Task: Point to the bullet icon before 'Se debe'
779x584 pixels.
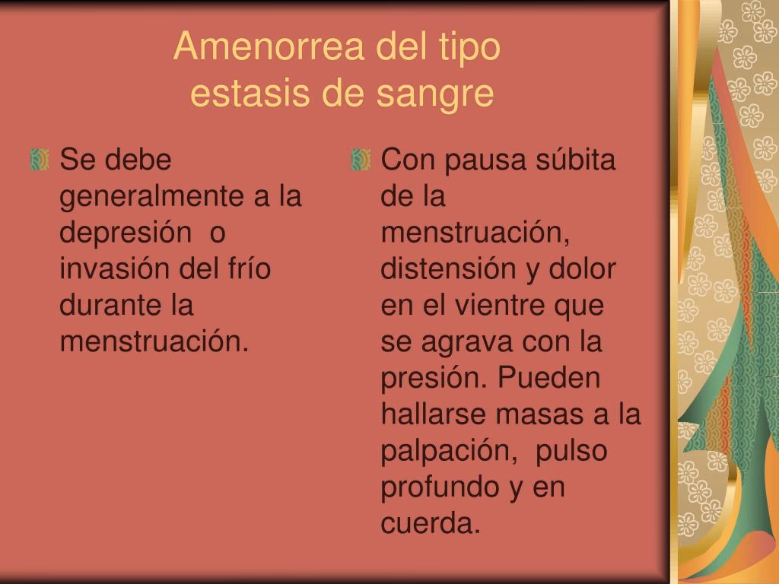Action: click(40, 160)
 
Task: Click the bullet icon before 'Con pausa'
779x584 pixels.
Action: click(361, 160)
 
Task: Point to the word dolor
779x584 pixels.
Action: click(582, 268)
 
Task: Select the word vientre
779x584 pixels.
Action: click(499, 306)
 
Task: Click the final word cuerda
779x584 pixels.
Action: click(431, 523)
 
